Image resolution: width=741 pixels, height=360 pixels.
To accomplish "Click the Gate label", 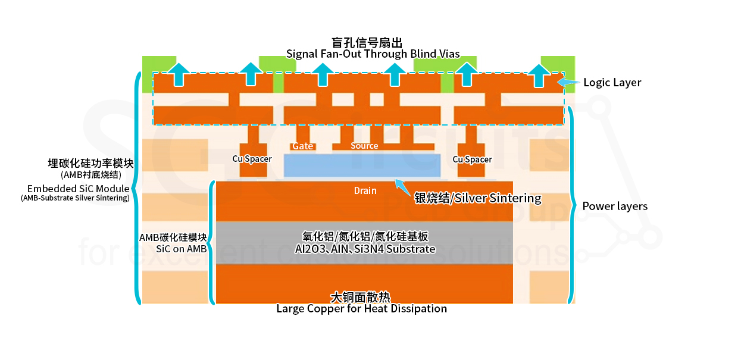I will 302,146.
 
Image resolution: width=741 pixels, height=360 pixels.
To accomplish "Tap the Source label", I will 364,146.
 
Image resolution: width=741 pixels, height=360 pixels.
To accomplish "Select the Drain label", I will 365,190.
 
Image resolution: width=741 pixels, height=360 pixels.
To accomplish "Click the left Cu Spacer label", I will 252,159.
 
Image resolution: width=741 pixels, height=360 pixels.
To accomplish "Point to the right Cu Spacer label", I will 472,159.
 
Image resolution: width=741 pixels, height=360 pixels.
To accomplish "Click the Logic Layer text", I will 612,83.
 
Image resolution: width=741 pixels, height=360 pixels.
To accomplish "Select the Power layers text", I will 615,206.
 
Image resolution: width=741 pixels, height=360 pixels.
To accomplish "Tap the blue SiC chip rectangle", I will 362,165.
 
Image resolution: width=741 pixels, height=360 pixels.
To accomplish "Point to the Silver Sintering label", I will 478,198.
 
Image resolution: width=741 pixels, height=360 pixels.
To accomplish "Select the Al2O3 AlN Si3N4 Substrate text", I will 365,249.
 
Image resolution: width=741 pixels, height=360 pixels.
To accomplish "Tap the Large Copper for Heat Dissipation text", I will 361,308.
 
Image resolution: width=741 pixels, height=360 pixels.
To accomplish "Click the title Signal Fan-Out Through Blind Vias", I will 373,54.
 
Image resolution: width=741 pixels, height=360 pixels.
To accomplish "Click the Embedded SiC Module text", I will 78,189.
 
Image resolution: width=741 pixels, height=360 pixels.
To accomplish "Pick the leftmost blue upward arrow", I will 178,74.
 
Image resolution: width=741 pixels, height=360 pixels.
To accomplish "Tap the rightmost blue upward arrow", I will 540,74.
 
